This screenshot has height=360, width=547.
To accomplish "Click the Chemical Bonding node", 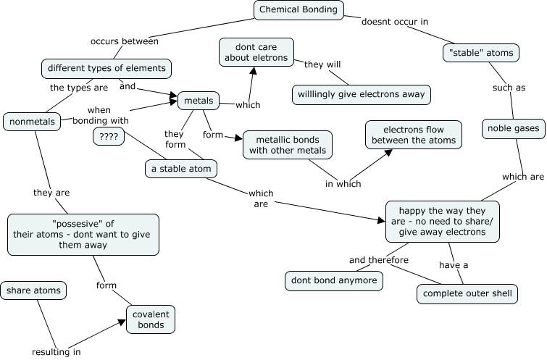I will coord(299,9).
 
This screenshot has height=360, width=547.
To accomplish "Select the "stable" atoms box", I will coord(481,52).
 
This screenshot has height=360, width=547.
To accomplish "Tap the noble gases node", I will coord(512,129).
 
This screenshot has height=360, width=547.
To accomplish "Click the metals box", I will coord(199,100).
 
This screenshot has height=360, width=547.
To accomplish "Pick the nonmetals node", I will coord(33,121).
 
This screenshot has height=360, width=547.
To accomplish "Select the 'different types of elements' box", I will coord(107,69).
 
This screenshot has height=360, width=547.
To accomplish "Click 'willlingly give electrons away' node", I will coord(362,94).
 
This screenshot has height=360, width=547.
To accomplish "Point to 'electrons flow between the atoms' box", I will coord(414,134).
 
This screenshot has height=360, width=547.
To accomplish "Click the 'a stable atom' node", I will coord(181,168).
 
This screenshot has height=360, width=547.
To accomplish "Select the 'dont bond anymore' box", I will coord(333,280).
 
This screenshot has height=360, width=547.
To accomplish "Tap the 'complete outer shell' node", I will coord(467,294).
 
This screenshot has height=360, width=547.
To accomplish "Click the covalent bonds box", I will coord(151,319).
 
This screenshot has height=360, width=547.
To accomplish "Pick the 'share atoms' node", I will coord(33,290).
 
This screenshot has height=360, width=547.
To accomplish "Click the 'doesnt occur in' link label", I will coord(395,22).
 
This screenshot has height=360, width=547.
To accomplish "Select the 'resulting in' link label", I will coord(56,352).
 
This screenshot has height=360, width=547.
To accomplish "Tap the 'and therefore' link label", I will coord(378,260).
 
